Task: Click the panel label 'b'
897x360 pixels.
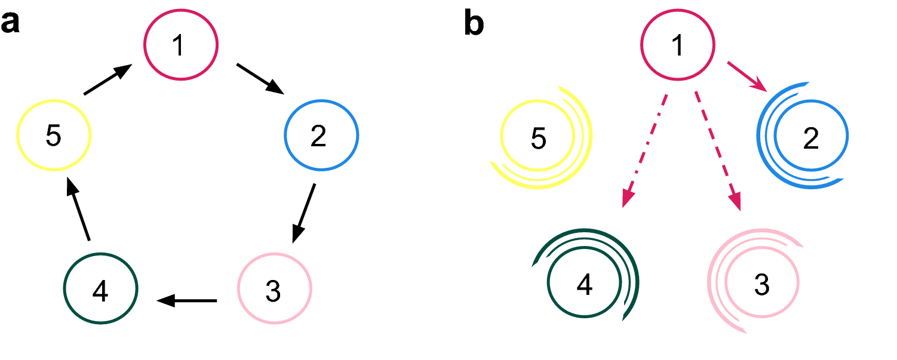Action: click(x=475, y=24)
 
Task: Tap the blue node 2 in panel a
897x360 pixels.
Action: click(x=321, y=136)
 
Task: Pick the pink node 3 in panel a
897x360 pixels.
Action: click(x=275, y=290)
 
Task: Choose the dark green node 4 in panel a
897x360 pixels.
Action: click(x=101, y=290)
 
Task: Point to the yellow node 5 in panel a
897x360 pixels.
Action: click(x=54, y=136)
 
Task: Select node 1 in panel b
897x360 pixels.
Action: click(x=677, y=45)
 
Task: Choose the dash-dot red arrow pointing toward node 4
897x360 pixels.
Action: click(x=645, y=150)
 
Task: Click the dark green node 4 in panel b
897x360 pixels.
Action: click(x=584, y=284)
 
